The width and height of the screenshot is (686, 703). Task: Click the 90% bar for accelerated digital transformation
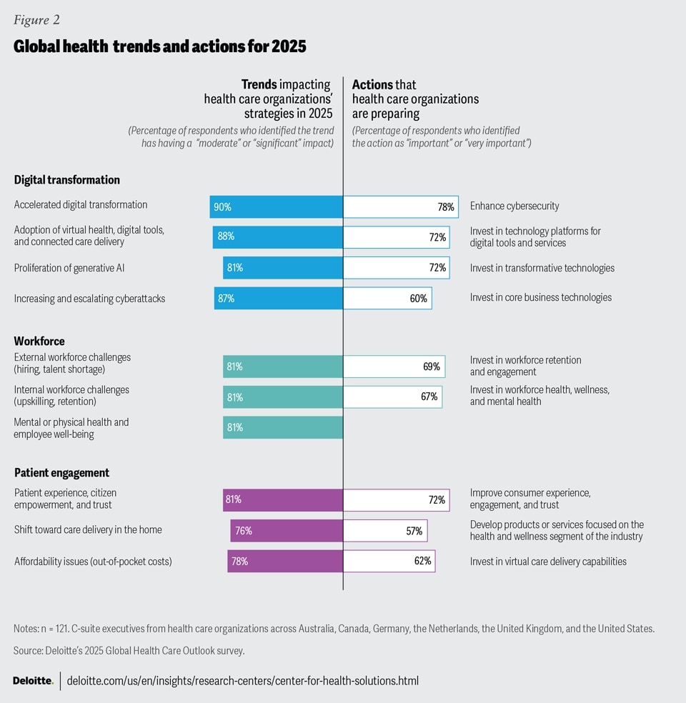pyautogui.click(x=276, y=207)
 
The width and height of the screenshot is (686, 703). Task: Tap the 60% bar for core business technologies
pyautogui.click(x=387, y=299)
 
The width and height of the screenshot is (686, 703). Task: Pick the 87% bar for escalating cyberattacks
pyautogui.click(x=278, y=299)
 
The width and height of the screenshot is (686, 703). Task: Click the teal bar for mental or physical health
pyautogui.click(x=282, y=427)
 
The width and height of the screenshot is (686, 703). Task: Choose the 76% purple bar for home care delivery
pyautogui.click(x=286, y=531)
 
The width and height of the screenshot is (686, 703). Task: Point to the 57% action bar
pyautogui.click(x=385, y=531)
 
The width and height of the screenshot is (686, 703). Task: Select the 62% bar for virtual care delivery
pyautogui.click(x=389, y=561)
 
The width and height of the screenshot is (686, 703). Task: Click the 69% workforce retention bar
pyautogui.click(x=394, y=367)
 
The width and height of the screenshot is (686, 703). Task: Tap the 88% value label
pyautogui.click(x=226, y=236)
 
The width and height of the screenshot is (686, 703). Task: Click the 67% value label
pyautogui.click(x=429, y=397)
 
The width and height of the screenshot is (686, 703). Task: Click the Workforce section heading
pyautogui.click(x=39, y=341)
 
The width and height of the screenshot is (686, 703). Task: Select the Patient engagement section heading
pyautogui.click(x=61, y=473)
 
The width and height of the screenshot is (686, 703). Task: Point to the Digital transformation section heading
pyautogui.click(x=67, y=180)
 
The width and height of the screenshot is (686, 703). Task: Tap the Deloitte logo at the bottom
pyautogui.click(x=33, y=681)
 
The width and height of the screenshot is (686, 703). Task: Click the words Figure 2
pyautogui.click(x=36, y=19)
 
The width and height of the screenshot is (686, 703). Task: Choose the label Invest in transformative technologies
pyautogui.click(x=542, y=268)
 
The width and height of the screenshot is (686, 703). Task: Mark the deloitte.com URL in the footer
pyautogui.click(x=242, y=681)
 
